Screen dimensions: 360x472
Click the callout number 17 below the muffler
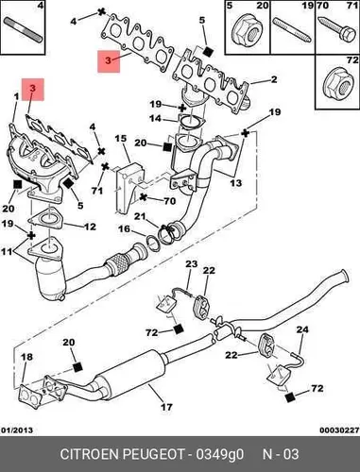point(166,407)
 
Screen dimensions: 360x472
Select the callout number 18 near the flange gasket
point(26,357)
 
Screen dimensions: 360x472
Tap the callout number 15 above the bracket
point(121,139)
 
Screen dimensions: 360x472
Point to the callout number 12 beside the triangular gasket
point(90,227)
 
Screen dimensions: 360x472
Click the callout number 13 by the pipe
point(236,183)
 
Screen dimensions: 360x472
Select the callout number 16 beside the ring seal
point(124,228)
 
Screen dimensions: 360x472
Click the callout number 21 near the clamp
point(140,216)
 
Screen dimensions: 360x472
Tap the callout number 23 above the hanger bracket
point(191,263)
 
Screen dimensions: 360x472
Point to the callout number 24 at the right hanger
point(302,329)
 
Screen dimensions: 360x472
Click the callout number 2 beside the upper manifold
point(274,79)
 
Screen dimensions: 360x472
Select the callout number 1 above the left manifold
point(16,96)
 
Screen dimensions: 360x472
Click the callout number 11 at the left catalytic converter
point(8,252)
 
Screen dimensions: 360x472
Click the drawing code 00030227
point(339,430)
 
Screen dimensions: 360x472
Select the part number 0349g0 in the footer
point(220,454)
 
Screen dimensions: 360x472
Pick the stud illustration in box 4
point(23,29)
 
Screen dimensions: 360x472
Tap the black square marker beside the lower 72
point(290,397)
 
